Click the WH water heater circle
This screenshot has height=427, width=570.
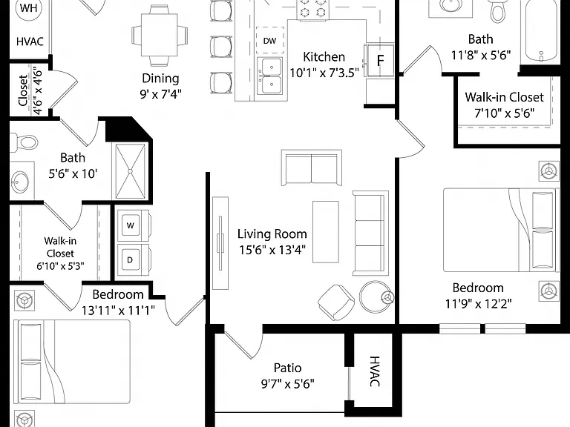click(x=28, y=9)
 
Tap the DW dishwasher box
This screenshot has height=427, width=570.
click(x=269, y=40)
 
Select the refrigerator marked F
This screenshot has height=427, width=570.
click(x=379, y=60)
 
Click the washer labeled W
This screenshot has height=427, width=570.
click(x=130, y=225)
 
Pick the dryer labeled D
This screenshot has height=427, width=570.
click(x=130, y=260)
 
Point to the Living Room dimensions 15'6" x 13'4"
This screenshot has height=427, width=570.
click(x=272, y=250)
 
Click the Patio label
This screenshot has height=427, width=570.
click(x=287, y=368)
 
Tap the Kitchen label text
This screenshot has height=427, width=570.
click(x=324, y=57)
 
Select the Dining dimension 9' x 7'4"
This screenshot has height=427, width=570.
click(x=160, y=94)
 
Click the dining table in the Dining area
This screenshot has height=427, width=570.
click(x=160, y=35)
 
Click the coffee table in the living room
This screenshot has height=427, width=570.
click(x=326, y=231)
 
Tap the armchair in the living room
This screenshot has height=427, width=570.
click(x=336, y=302)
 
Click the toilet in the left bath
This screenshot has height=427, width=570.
click(x=24, y=142)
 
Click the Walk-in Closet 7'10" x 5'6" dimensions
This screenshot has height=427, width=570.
click(x=505, y=113)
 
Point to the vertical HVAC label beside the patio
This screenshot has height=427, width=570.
click(x=375, y=371)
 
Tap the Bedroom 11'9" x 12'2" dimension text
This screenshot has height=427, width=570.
click(x=479, y=303)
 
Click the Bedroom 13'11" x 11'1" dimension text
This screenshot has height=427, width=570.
click(x=118, y=311)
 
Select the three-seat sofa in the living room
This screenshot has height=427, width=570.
click(x=370, y=233)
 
